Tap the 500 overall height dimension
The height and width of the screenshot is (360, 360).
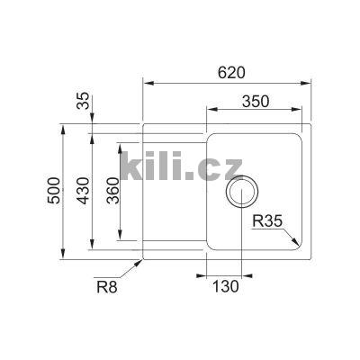click(x=53, y=190)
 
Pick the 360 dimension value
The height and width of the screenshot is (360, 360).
click(x=112, y=190)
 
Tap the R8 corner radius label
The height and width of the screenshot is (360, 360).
click(x=107, y=287)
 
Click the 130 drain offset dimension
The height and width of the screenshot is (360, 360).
click(x=224, y=287)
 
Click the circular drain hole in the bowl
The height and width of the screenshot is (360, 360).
click(x=243, y=192)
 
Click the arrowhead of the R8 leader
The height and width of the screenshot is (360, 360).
click(x=140, y=263)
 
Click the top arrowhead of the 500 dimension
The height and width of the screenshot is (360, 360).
click(x=62, y=129)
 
